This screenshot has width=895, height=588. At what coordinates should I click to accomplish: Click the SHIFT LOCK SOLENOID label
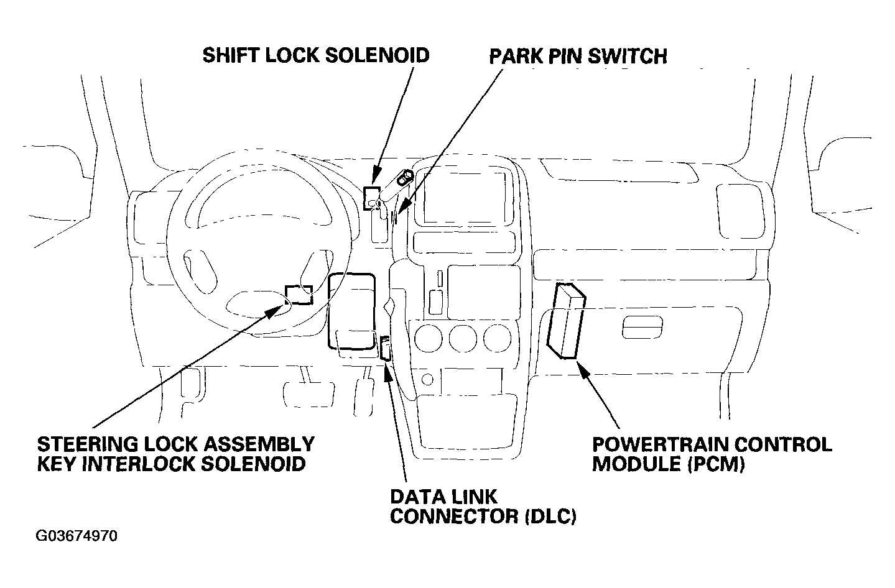click(316, 55)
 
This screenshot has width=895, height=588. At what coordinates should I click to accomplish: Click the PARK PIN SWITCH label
click(578, 56)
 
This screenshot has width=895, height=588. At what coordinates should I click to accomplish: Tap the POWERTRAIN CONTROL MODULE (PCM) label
click(712, 454)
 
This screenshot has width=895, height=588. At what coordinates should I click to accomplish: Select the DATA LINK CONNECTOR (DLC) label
click(483, 506)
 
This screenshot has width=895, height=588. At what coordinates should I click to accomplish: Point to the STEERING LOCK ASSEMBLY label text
click(176, 444)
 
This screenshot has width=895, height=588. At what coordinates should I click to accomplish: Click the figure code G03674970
click(77, 536)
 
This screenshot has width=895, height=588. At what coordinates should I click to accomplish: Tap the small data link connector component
click(385, 348)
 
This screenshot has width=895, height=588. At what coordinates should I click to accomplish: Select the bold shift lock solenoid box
click(371, 198)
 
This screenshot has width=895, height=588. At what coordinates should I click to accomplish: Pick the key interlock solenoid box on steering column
click(299, 294)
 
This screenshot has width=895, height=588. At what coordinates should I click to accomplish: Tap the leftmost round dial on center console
click(429, 339)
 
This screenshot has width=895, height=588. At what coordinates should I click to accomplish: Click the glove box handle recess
click(642, 327)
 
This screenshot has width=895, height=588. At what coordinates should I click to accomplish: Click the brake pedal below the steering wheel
click(308, 395)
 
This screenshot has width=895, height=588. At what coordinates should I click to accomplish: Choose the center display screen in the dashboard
click(465, 198)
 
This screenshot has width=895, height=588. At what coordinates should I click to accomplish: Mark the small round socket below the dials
click(427, 379)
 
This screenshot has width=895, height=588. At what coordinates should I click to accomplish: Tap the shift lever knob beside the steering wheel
click(405, 177)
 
